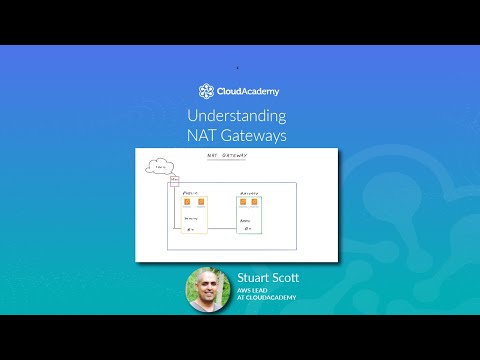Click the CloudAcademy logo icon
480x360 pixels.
[206, 91]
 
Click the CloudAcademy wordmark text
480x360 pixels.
[248, 91]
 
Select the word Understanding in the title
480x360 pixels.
[236, 116]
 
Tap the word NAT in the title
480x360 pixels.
[203, 136]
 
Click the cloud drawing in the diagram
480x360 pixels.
[158, 167]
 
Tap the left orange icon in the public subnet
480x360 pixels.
[186, 203]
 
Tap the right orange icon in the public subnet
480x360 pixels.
[200, 203]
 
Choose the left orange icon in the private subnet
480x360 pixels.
[242, 203]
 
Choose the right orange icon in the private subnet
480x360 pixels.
[255, 203]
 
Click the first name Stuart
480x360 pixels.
[255, 277]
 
